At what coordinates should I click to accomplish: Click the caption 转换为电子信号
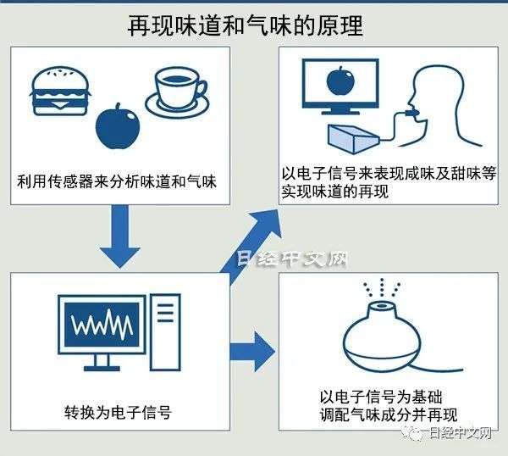(119, 414)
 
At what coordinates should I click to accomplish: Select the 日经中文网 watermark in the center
(292, 259)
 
